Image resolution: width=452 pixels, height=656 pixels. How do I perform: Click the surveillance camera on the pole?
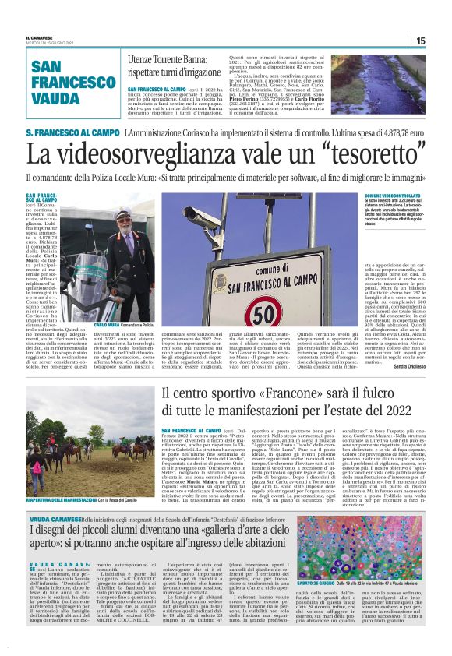tap(202, 214)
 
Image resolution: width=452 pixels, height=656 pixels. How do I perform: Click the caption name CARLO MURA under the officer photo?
tap(104, 324)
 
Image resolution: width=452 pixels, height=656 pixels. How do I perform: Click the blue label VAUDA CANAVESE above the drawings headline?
tap(55, 517)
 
